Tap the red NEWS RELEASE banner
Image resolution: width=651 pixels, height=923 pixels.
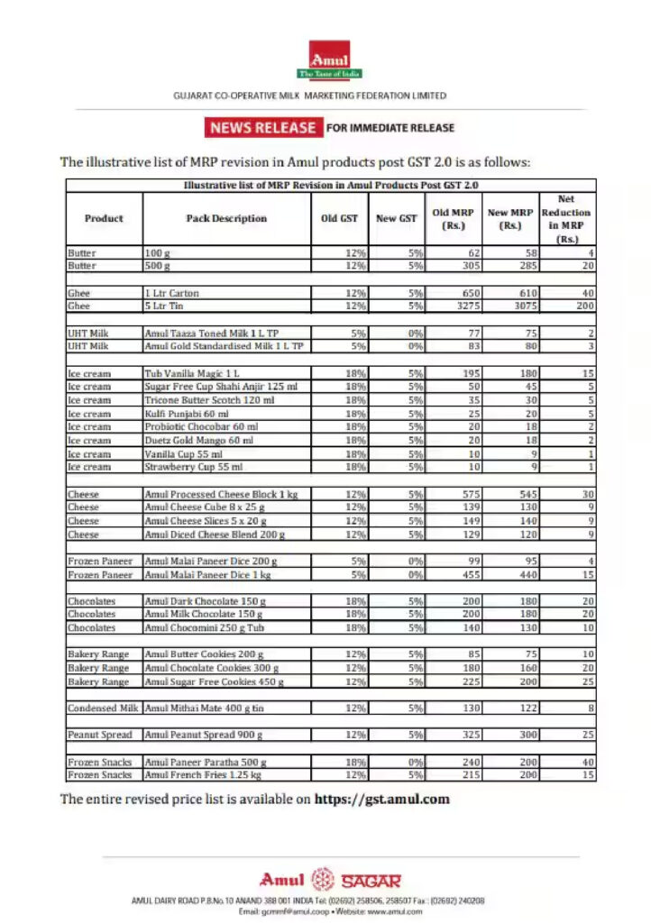pos(262,127)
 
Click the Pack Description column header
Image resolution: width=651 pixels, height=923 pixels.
pos(226,218)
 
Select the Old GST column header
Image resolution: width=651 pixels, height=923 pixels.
pos(339,218)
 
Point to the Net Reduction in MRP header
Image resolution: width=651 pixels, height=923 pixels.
pos(566,219)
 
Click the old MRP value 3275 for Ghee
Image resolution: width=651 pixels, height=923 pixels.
pos(465,306)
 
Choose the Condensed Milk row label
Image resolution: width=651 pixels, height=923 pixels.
pos(104,708)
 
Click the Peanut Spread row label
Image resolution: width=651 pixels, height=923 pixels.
pos(101,736)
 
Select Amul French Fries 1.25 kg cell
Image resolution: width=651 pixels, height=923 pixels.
pos(203,775)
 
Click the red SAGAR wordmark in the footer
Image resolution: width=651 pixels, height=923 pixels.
pos(371,880)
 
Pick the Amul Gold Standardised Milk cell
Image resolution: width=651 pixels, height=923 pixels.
pos(225,345)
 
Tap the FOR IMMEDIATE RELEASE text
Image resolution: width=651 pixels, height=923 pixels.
pos(390,128)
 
